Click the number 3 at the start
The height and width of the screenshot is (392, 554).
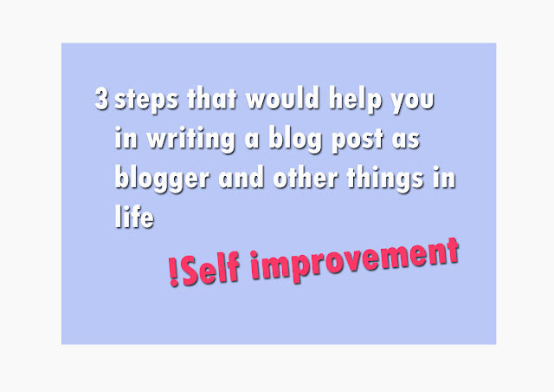(101, 98)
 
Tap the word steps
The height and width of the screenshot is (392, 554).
(146, 100)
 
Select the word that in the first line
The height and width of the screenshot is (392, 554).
(211, 98)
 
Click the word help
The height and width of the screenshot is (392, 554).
(356, 100)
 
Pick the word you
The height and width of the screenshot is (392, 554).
(412, 101)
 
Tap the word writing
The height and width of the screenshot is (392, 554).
(190, 140)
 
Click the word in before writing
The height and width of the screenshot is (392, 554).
(126, 137)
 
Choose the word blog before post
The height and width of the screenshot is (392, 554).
(295, 139)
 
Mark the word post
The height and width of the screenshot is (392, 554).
(358, 140)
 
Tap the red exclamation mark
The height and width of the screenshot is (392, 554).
(173, 272)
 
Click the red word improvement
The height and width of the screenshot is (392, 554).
(355, 260)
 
